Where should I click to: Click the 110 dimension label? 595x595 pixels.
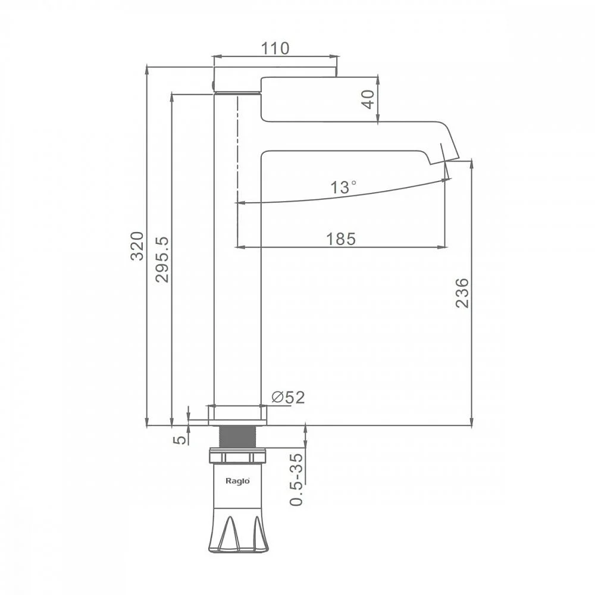275,48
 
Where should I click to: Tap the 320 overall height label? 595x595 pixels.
137,246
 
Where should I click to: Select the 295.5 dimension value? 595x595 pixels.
162,259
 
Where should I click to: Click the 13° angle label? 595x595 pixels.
343,187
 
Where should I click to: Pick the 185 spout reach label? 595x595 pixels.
341,239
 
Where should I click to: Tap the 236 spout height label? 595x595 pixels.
462,293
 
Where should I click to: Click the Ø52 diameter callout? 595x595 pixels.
288,397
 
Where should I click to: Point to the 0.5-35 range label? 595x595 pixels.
296,480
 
